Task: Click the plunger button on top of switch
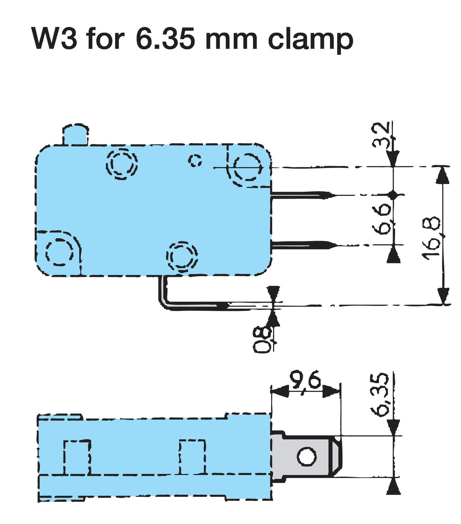point(75,134)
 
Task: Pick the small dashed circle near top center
point(195,160)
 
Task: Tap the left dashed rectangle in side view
point(77,457)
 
